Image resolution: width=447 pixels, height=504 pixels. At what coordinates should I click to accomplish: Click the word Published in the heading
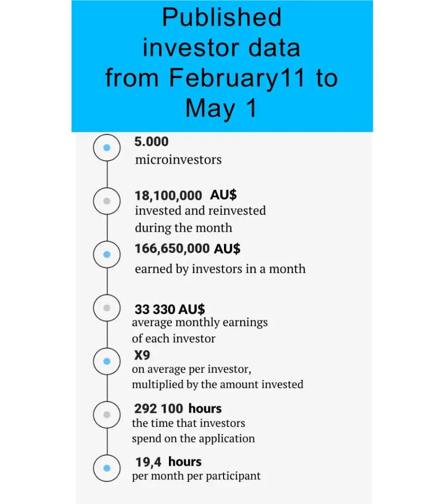click(222, 17)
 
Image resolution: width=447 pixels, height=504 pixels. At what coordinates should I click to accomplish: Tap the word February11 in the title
click(237, 79)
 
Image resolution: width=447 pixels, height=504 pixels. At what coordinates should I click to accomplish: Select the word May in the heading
click(210, 109)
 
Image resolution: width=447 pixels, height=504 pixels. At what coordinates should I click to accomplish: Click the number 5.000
click(151, 142)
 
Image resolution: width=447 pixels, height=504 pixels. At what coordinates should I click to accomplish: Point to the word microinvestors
click(178, 160)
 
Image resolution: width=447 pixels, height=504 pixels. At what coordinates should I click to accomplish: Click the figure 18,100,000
click(168, 196)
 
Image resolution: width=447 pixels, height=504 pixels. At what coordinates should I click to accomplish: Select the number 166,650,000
click(172, 249)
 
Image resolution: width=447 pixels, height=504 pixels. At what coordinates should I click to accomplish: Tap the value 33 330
click(155, 309)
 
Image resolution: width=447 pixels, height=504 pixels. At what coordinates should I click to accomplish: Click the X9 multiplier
click(142, 355)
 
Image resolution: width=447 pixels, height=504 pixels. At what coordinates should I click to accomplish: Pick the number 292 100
click(159, 409)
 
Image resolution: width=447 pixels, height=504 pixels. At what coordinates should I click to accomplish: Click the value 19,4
click(148, 462)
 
